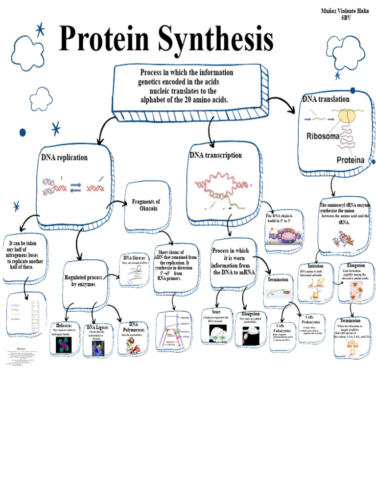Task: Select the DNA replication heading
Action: (64, 158)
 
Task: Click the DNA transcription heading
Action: (215, 155)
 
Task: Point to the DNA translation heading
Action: (326, 99)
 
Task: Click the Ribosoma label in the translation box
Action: (323, 137)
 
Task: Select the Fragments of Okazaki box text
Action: (146, 205)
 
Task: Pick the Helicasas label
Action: (64, 325)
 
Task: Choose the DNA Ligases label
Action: (97, 327)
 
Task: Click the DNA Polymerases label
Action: (133, 327)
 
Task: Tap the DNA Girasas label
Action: (134, 257)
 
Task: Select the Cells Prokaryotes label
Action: (310, 320)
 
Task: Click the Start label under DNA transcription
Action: (216, 312)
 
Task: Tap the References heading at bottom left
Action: (21, 349)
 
